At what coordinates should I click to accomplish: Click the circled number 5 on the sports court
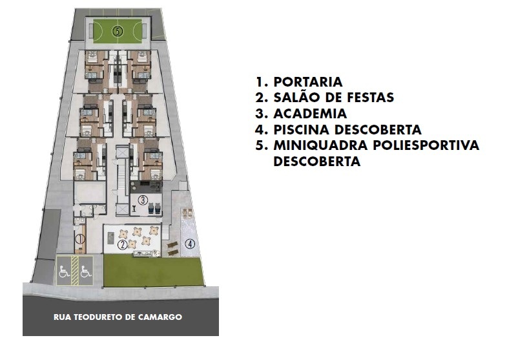[118, 31]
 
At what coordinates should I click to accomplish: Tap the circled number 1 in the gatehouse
[80, 239]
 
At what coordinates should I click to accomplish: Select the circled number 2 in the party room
[122, 244]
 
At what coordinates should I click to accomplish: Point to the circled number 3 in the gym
[143, 200]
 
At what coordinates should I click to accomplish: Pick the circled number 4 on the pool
[191, 244]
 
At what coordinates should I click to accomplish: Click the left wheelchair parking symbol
[64, 271]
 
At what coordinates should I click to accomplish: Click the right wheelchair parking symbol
[86, 271]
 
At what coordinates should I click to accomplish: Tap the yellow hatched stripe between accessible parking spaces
[75, 271]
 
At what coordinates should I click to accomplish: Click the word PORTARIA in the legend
[308, 81]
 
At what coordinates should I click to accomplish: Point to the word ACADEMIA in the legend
[310, 113]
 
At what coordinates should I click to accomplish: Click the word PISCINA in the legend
[302, 129]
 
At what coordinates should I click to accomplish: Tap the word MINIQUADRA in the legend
[320, 145]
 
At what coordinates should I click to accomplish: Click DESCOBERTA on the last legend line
[316, 162]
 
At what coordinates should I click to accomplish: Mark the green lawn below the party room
[153, 271]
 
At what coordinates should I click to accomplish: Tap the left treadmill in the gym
[151, 209]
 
